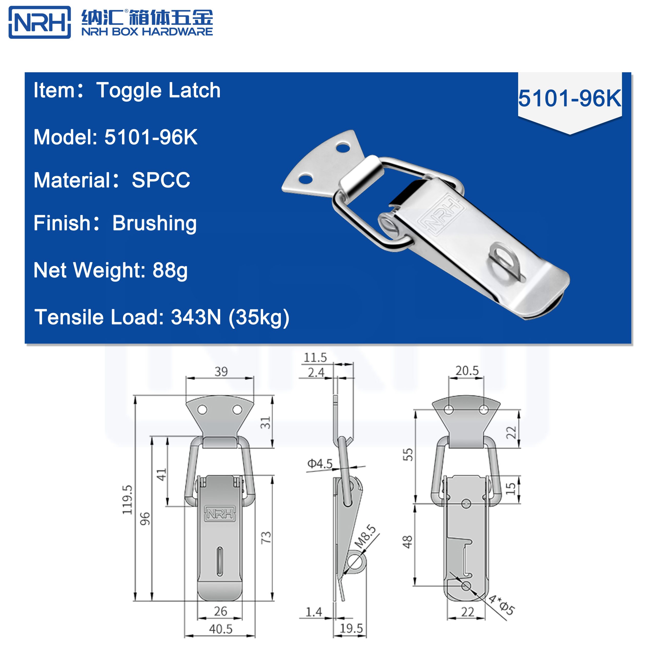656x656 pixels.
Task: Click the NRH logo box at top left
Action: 40,22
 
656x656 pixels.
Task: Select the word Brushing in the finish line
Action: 155,223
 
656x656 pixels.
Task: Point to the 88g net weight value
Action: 170,270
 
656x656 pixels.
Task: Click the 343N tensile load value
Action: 196,317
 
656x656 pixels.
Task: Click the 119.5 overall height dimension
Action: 127,499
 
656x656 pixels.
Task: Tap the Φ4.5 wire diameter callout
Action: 320,464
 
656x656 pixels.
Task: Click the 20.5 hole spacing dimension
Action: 467,371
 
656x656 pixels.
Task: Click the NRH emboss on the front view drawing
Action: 220,514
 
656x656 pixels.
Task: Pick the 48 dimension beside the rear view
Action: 407,542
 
